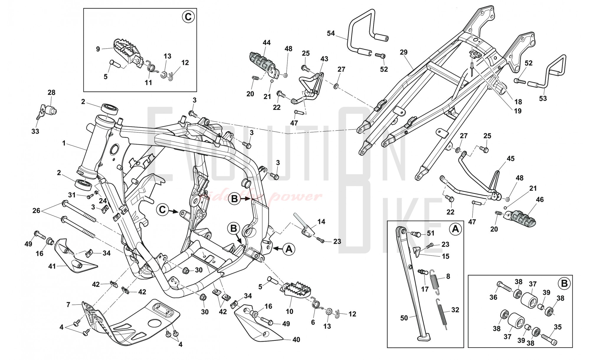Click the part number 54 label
click(331, 33)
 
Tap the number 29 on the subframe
click(404, 52)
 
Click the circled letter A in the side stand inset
click(455, 229)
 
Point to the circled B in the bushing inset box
click(564, 284)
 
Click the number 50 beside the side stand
click(404, 318)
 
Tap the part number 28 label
click(51, 92)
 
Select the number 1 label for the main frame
click(63, 143)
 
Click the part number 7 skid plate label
click(68, 304)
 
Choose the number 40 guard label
click(296, 340)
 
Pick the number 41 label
click(52, 266)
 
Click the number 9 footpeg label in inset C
click(98, 49)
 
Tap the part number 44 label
click(266, 43)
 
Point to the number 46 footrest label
click(540, 199)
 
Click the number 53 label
click(543, 98)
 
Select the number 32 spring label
click(455, 310)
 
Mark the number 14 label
click(321, 221)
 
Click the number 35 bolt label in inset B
click(558, 327)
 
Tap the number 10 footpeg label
click(289, 311)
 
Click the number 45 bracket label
click(510, 158)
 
